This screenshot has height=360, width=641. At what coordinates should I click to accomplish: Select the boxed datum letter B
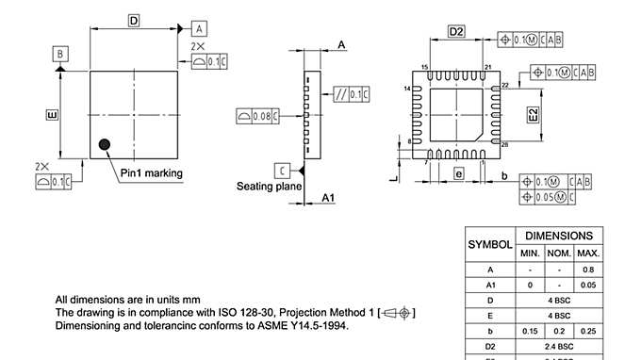click(x=59, y=54)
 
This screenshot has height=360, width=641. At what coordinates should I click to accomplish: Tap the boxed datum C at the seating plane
click(x=282, y=171)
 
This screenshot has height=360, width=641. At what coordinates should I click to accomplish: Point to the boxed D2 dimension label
click(x=456, y=32)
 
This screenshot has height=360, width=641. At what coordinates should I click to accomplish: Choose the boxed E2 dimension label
click(x=533, y=116)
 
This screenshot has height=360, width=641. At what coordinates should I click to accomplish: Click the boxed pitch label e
click(x=457, y=173)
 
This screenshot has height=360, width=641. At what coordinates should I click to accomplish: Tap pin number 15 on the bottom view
click(x=425, y=67)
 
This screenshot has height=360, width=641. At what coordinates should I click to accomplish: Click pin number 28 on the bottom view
click(x=505, y=144)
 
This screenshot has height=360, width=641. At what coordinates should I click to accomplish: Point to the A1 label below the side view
click(x=328, y=198)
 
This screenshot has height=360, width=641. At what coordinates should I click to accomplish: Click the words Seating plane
click(x=268, y=187)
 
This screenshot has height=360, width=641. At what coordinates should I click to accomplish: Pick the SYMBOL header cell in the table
click(x=490, y=244)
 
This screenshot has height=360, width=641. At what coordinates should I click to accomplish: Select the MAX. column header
click(x=588, y=254)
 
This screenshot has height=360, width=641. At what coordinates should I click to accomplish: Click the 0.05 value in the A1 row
click(x=588, y=284)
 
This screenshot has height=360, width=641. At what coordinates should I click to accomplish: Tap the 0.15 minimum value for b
click(x=530, y=332)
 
